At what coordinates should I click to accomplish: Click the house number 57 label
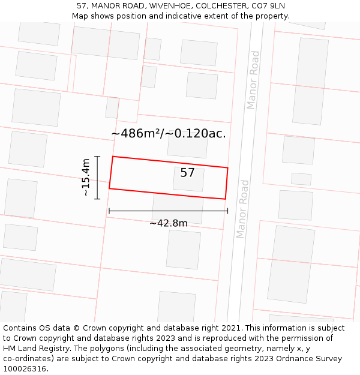pyautogui.click(x=187, y=173)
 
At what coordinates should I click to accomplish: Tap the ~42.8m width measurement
pyautogui.click(x=169, y=223)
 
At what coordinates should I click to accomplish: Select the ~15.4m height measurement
pyautogui.click(x=86, y=177)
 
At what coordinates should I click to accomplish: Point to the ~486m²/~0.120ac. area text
pyautogui.click(x=169, y=133)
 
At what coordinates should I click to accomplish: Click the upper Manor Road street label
pyautogui.click(x=253, y=80)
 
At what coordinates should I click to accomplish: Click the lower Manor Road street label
pyautogui.click(x=242, y=208)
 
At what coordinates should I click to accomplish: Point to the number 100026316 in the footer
pyautogui.click(x=25, y=369)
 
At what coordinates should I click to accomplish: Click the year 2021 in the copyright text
pyautogui.click(x=229, y=328)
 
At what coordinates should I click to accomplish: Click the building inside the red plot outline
pyautogui.click(x=188, y=179)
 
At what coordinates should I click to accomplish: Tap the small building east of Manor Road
pyautogui.click(x=301, y=179)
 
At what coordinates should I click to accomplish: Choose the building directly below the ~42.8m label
pyautogui.click(x=183, y=249)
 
